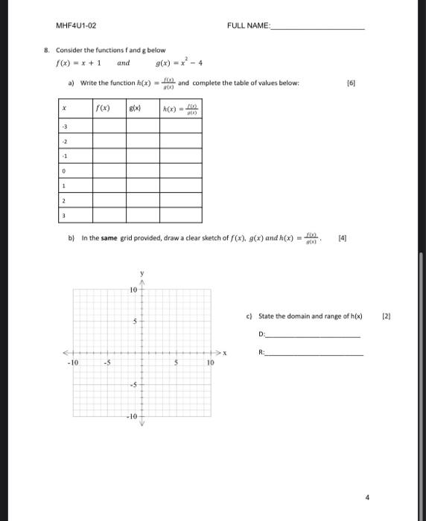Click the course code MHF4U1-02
click(76, 25)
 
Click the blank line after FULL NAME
click(318, 26)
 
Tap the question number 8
click(45, 51)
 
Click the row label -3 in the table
click(65, 126)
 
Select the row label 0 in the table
click(65, 170)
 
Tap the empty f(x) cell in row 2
click(109, 200)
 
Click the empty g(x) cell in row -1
click(144, 156)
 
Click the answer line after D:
click(313, 336)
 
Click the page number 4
click(366, 496)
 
